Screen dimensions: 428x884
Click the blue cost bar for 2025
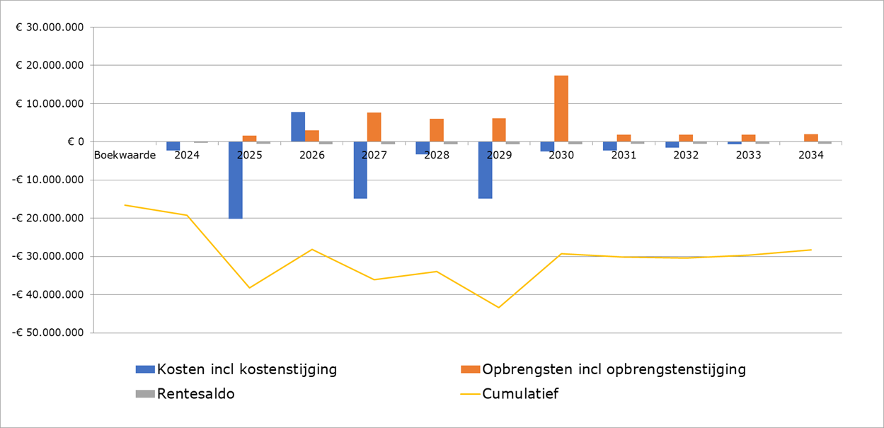236,180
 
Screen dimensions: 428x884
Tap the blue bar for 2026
298,127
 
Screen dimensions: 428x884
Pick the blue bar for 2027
360,170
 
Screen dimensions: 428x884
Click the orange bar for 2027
374,127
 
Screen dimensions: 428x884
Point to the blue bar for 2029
485,170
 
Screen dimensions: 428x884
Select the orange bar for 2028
437,130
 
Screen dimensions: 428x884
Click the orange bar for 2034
811,138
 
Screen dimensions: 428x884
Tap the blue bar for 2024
173,146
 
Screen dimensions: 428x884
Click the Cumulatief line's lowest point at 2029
498,307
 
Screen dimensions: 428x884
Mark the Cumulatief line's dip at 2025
249,287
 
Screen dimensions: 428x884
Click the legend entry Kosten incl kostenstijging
246,369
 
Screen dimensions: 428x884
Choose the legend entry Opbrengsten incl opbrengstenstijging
613,369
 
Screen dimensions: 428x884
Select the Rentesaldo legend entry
195,394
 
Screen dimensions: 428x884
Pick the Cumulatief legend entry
520,394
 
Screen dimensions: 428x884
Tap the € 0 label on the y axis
76,142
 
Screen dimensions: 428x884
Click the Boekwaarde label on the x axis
125,156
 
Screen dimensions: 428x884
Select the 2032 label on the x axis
686,156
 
